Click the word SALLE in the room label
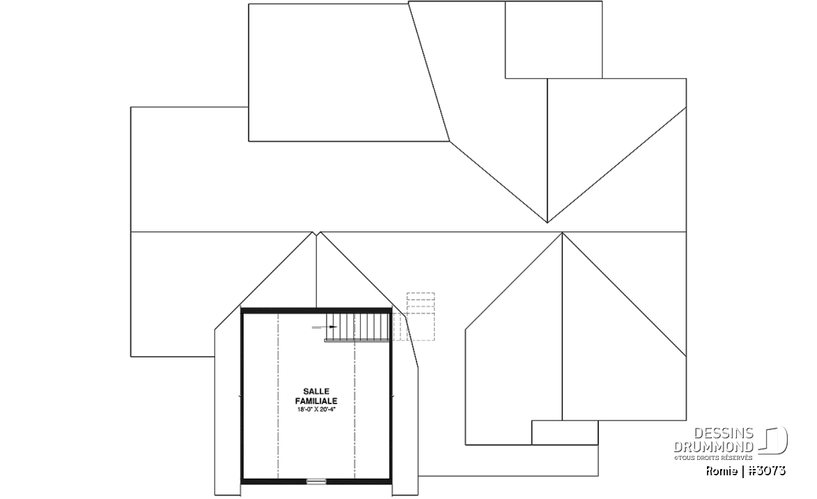click(316, 391)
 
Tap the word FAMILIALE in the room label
click(316, 401)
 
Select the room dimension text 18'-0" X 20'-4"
click(316, 410)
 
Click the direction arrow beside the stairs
click(321, 327)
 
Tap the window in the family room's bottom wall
click(316, 482)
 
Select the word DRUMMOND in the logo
click(714, 446)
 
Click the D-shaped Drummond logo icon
click(773, 440)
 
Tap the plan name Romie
click(722, 471)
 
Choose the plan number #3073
click(766, 471)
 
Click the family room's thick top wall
click(316, 310)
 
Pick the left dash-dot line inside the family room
click(279, 396)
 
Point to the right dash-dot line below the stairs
click(355, 410)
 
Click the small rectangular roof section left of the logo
click(565, 432)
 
